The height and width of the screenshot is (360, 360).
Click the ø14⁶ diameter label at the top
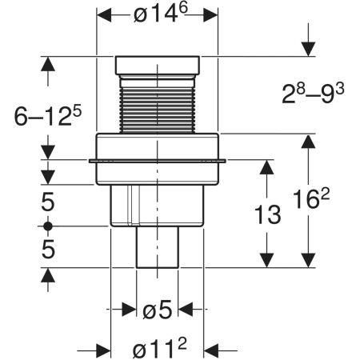161,14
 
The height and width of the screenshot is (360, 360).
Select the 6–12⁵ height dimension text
47,116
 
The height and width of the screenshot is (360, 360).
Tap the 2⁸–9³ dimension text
313,94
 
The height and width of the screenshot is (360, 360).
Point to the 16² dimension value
311,198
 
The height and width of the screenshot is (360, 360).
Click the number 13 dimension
267,214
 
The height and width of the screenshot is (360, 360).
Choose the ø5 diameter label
157,310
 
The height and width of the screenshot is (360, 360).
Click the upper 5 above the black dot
48,202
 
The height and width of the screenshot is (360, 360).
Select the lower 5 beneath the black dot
48,249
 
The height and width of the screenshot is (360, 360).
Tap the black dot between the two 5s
48,226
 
